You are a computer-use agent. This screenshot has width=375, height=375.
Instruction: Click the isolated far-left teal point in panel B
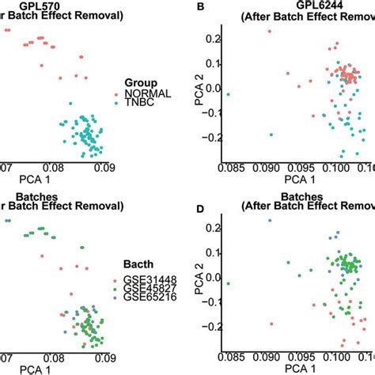(228, 95)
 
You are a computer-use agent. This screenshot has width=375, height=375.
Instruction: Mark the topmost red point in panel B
(269, 32)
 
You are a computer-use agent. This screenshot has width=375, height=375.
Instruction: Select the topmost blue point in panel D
(269, 221)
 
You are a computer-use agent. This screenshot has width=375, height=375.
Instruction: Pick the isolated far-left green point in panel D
(228, 284)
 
